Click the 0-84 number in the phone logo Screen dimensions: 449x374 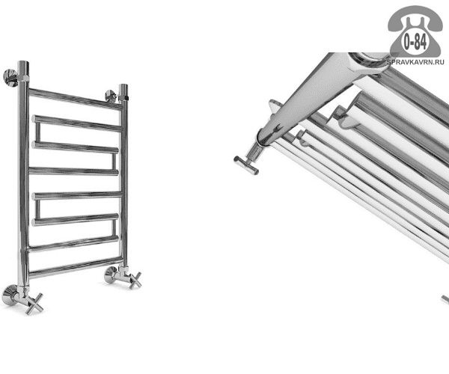(415, 42)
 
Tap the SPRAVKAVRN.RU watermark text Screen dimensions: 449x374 (415, 62)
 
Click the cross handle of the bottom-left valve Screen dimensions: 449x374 (34, 304)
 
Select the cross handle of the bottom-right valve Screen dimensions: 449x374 (135, 280)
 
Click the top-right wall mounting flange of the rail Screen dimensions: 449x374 (111, 96)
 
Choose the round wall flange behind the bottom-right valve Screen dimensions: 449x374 (110, 275)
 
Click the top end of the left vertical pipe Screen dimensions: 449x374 (23, 63)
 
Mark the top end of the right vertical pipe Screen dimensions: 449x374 (123, 85)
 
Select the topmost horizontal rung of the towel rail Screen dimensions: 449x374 (76, 99)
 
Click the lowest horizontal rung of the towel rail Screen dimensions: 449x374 (76, 267)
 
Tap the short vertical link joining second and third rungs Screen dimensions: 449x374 (37, 132)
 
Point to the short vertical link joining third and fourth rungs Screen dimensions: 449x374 (114, 162)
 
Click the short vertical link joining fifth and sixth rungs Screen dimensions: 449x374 (37, 209)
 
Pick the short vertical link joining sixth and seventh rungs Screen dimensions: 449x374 (114, 228)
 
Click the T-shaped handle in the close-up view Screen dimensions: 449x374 (246, 165)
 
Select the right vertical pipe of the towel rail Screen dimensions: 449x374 (123, 177)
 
